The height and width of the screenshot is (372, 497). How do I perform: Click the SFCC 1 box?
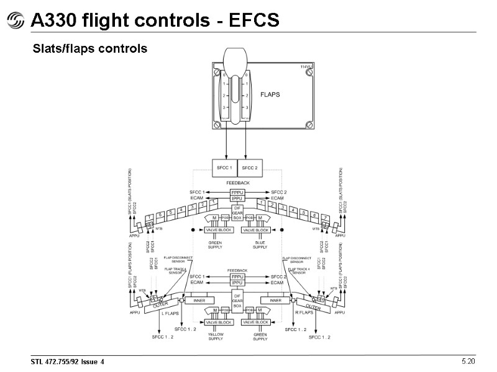(224, 167)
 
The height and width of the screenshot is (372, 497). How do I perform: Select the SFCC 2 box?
(250, 167)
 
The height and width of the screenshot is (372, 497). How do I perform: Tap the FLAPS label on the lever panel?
(270, 95)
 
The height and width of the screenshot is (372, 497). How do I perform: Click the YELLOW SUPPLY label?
(215, 337)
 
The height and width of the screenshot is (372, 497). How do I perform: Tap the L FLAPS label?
(170, 314)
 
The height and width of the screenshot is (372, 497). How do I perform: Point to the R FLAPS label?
(304, 314)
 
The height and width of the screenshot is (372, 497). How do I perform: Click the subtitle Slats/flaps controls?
(89, 48)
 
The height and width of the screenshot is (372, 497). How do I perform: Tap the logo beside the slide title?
(15, 22)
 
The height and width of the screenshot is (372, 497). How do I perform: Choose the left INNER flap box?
(199, 301)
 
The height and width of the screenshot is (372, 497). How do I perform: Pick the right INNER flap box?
(275, 301)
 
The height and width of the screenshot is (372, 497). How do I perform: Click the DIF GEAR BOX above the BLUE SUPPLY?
(237, 213)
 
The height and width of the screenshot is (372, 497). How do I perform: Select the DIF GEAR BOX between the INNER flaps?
(237, 301)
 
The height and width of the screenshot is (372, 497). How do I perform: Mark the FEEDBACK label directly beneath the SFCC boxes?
(237, 183)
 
